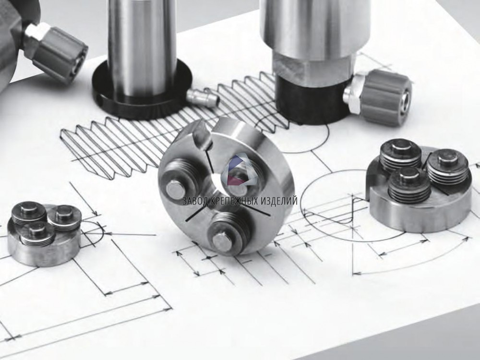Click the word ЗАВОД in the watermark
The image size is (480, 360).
(194, 201)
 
